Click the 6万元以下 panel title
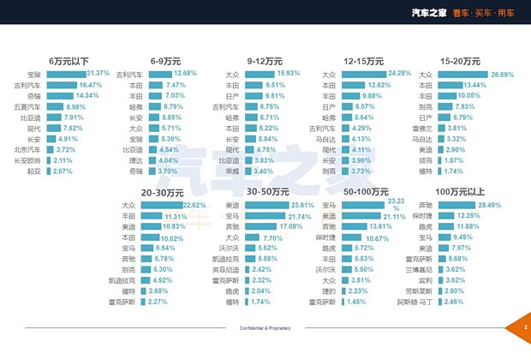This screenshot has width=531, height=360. coord(69,62)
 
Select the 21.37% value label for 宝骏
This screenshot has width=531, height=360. coord(99,75)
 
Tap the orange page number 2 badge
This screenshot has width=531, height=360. coord(522,328)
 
